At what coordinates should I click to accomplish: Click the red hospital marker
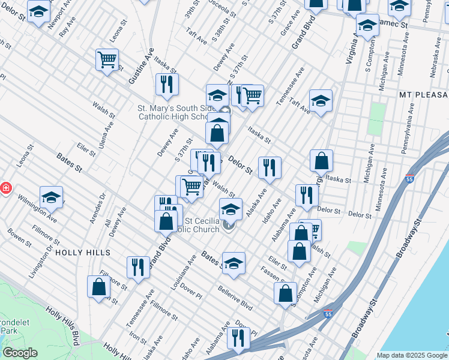5,188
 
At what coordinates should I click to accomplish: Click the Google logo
20,353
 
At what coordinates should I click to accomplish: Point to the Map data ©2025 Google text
411,355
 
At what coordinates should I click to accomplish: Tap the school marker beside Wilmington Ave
52,197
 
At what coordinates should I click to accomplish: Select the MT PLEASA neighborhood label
423,95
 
